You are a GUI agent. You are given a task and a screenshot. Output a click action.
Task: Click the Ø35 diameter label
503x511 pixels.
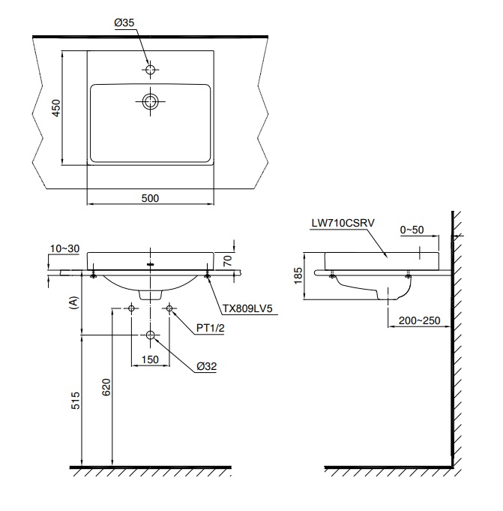(x=124, y=23)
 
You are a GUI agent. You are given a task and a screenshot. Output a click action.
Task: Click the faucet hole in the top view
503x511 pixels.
(x=151, y=70)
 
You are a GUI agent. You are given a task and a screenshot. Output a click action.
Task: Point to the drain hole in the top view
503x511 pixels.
(x=151, y=101)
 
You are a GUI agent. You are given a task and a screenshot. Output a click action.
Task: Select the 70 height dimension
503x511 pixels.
(x=229, y=261)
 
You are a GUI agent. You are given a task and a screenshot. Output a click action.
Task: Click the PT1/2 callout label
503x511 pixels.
(x=211, y=327)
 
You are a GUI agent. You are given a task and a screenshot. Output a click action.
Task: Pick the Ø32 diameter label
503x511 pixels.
(x=208, y=365)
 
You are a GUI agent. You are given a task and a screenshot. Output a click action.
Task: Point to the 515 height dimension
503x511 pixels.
(x=74, y=400)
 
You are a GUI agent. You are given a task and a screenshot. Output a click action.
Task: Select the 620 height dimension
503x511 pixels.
(x=106, y=386)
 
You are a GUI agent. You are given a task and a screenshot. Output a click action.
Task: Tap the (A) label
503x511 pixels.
(x=73, y=302)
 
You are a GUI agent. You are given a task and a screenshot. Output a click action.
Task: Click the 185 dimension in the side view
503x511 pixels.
(x=298, y=275)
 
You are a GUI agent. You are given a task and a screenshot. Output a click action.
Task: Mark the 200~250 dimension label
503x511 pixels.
(x=420, y=320)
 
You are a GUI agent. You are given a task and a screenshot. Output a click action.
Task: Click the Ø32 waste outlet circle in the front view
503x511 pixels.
(x=151, y=335)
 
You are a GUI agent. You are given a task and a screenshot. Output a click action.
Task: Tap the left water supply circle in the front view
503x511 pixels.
(x=132, y=308)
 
